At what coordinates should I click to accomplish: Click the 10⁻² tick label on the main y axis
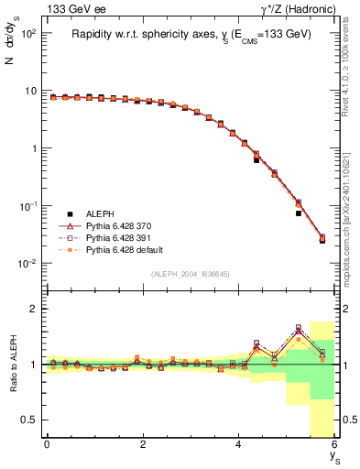[x=27, y=264]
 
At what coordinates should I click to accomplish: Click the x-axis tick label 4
[x=238, y=444]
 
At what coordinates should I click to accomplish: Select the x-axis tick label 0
[x=47, y=444]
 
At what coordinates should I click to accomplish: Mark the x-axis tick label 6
[x=334, y=444]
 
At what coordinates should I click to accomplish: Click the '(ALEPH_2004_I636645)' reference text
[x=190, y=274]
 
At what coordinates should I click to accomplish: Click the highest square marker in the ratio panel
[x=299, y=327]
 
